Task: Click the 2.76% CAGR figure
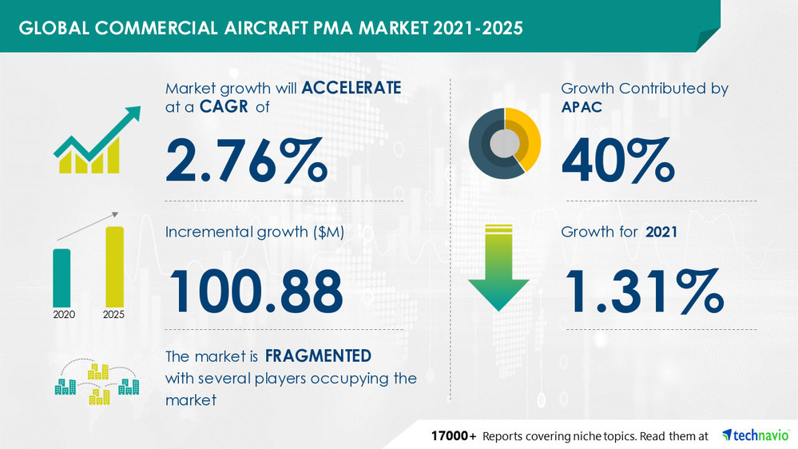pyautogui.click(x=246, y=160)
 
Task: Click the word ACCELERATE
pyautogui.click(x=350, y=88)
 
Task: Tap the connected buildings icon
pyautogui.click(x=96, y=382)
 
